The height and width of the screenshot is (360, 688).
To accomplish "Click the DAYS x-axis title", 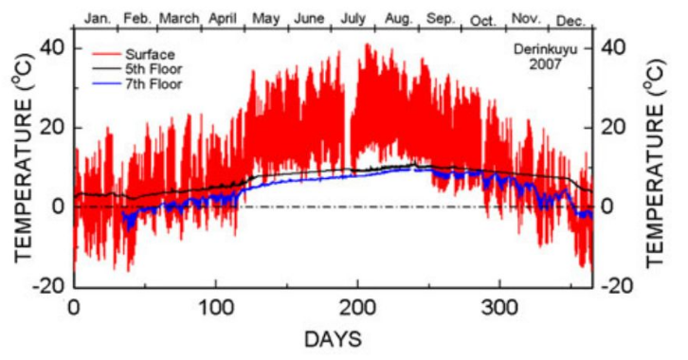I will point(332,337).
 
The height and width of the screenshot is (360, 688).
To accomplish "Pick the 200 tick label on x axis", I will point(356,307).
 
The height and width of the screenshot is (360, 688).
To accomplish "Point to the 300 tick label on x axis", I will point(498,307).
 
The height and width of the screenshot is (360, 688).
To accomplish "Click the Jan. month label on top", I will point(99,17).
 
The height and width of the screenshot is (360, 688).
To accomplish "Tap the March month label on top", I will point(179,17).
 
